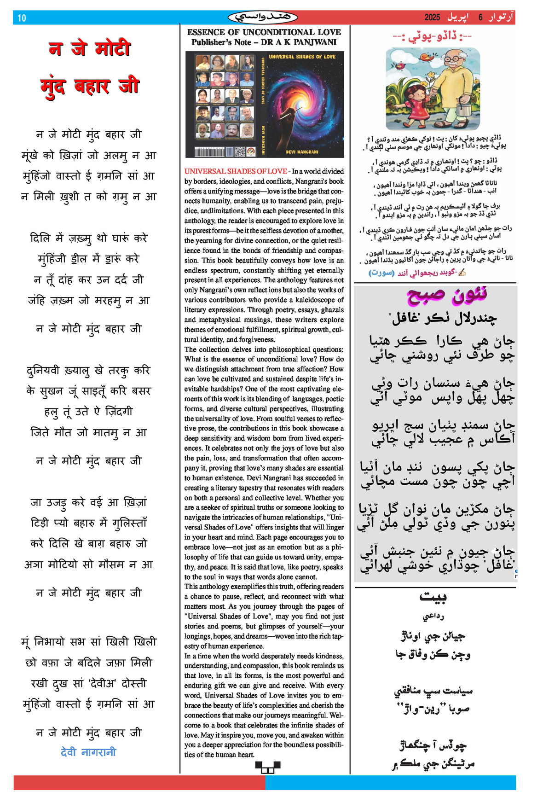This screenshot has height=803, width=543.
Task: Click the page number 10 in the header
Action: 22,18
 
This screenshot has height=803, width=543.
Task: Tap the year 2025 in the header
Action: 432,17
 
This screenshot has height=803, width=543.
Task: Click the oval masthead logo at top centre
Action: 263,17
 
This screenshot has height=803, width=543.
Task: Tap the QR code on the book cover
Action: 240,152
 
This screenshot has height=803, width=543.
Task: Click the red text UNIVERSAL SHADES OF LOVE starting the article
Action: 236,171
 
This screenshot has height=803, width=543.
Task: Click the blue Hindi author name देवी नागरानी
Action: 88,752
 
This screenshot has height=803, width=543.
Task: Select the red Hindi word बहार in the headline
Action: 92,87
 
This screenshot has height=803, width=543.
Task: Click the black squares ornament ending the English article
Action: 268,767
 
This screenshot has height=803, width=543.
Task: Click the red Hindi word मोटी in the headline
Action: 113,49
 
